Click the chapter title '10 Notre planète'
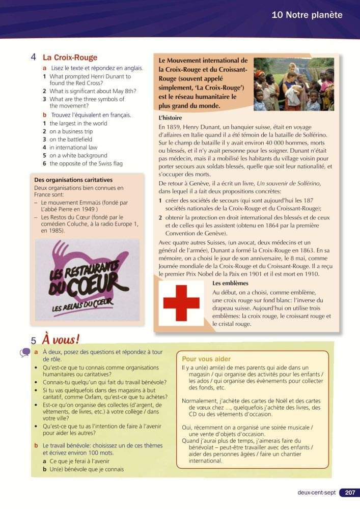click(307, 15)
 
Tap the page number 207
click(350, 493)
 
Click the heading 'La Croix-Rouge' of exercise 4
click(70, 58)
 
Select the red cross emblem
click(182, 303)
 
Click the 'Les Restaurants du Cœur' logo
click(82, 278)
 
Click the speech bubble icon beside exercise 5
click(25, 353)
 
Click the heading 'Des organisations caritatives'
click(73, 180)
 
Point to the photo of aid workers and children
click(294, 83)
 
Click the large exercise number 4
click(33, 58)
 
